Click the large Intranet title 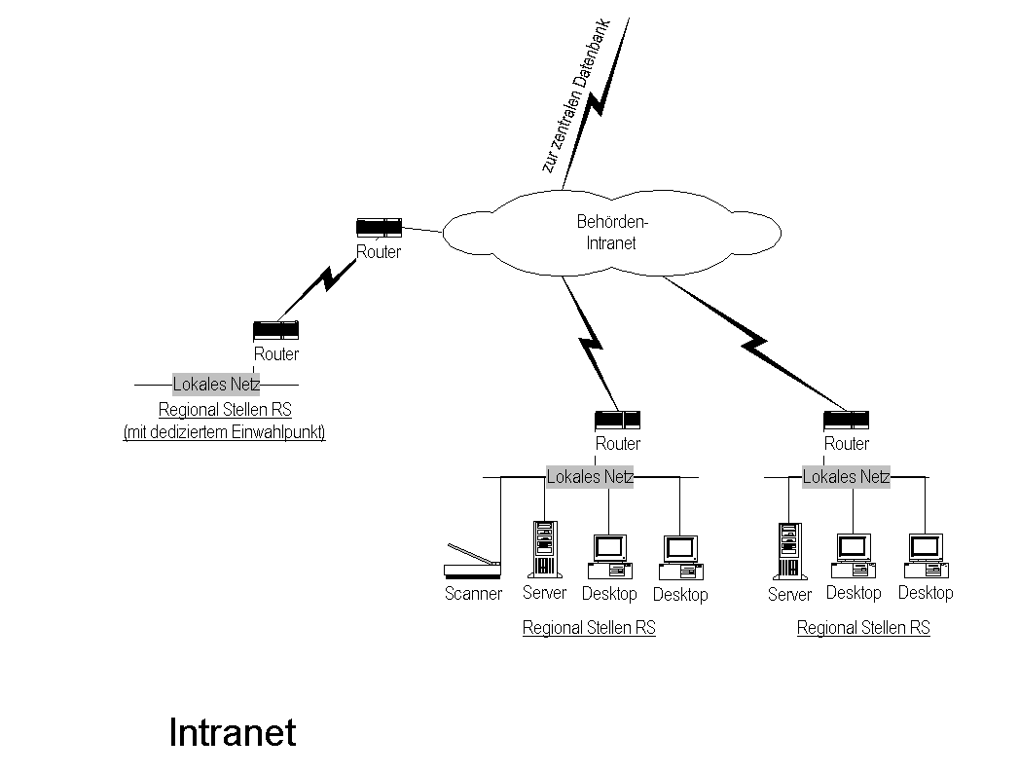coord(232,733)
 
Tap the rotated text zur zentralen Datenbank coord(574,95)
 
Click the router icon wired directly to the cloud coord(379,228)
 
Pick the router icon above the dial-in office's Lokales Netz coord(275,330)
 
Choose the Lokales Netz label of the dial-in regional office coord(216,384)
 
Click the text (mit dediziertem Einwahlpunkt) coord(224,433)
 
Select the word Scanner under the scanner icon coord(473,594)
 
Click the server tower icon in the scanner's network coord(545,550)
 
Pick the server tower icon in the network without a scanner coord(789,552)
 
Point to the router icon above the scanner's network coord(617,421)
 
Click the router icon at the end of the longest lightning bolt coord(846,421)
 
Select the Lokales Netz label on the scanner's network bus coord(590,477)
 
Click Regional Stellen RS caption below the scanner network coord(589,628)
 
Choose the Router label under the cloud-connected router coord(379,252)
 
